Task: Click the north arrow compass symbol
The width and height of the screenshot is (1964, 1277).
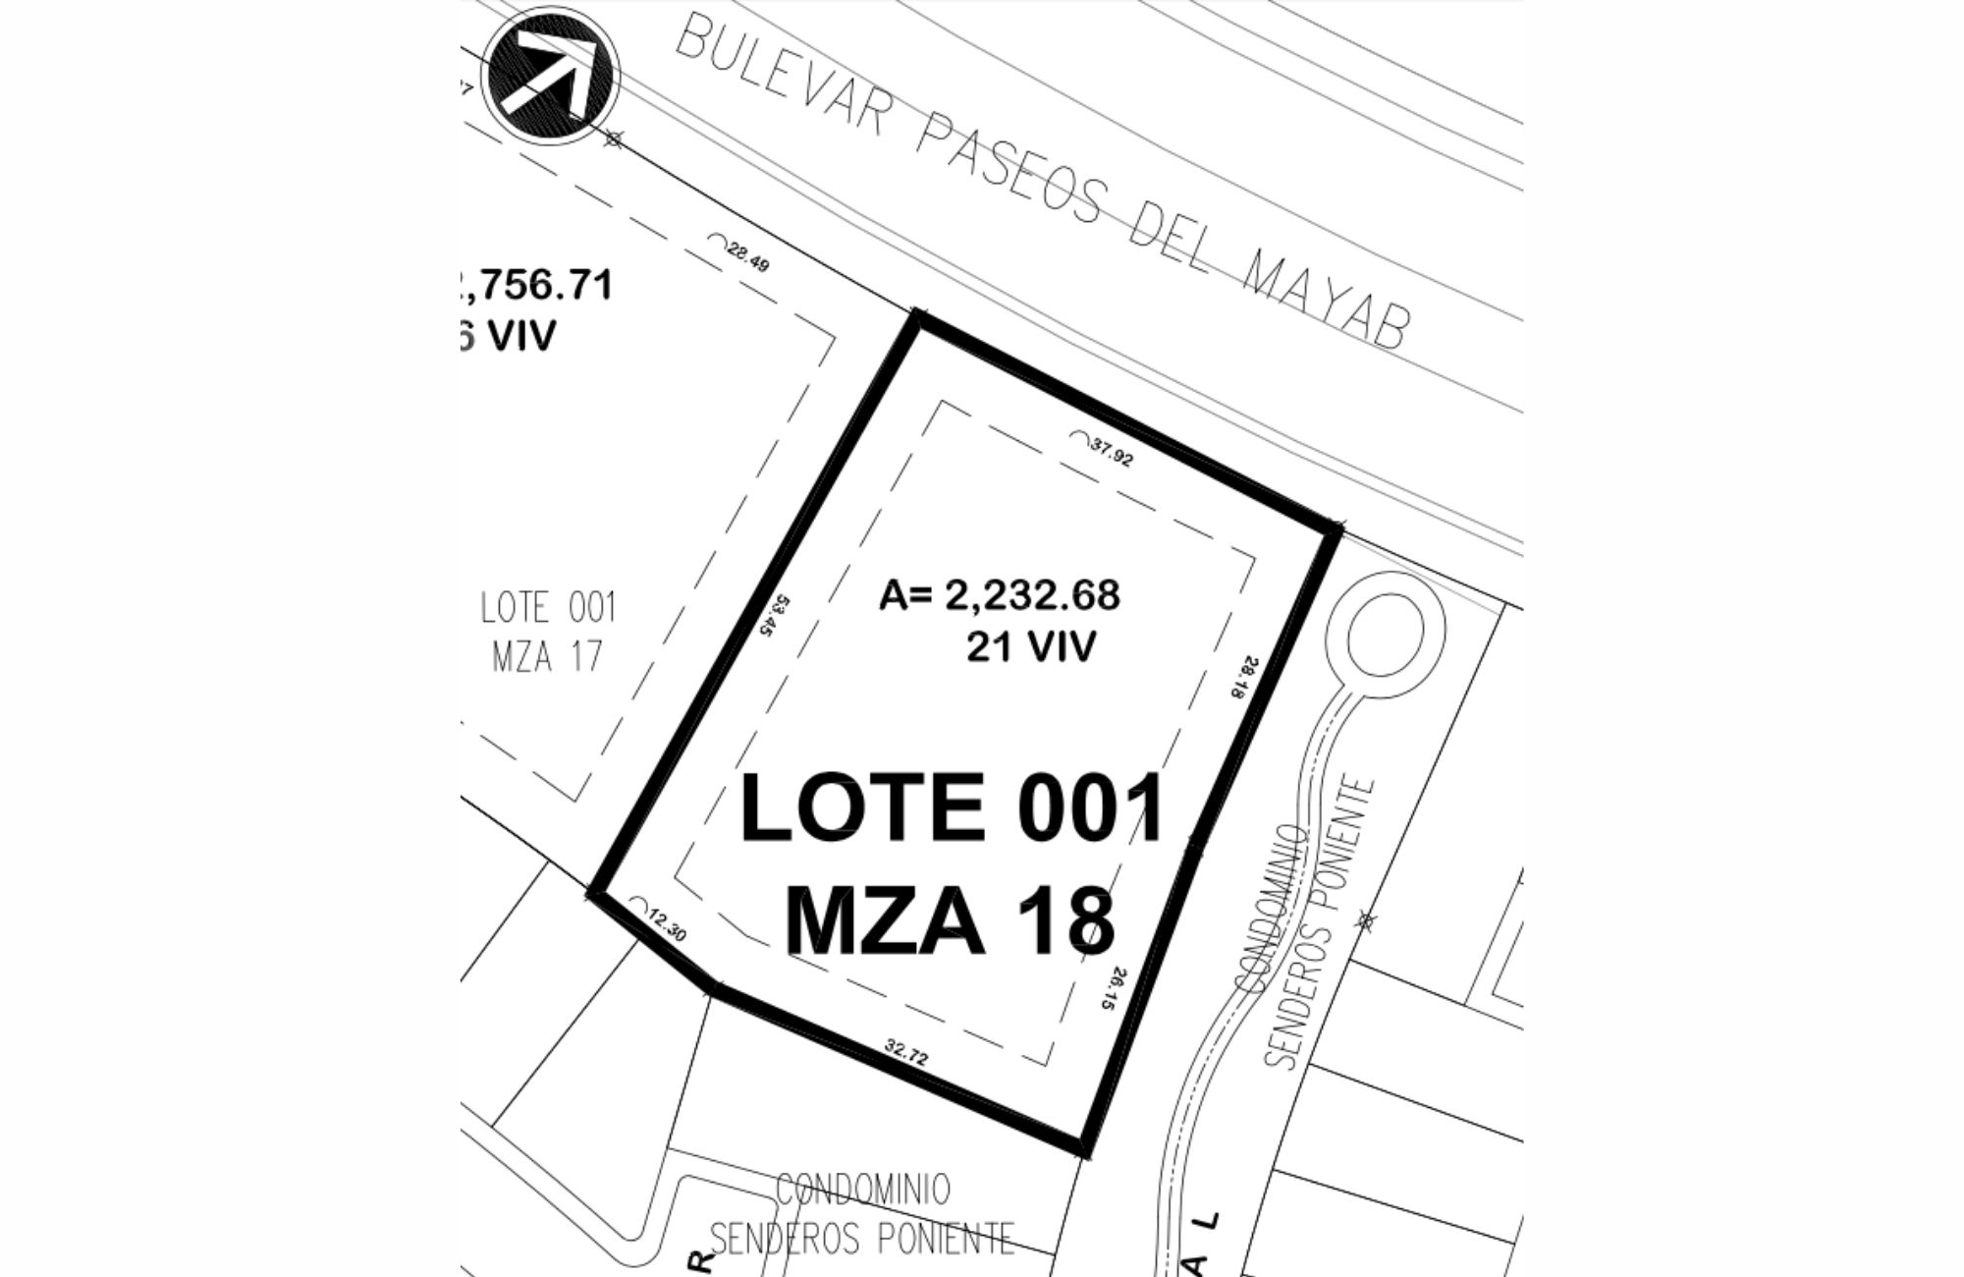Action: pos(553,75)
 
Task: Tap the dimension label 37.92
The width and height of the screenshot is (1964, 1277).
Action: pos(1111,452)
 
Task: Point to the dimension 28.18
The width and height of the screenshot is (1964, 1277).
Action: pos(1242,678)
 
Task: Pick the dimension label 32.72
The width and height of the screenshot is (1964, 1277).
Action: pos(905,1052)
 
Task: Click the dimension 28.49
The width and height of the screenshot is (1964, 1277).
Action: pos(746,257)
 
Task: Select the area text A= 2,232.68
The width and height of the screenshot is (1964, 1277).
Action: pos(999,595)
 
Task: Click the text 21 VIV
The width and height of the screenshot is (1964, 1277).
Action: pos(1030,647)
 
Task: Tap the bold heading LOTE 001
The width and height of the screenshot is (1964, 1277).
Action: pos(951,808)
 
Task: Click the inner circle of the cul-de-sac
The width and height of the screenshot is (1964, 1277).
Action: pos(1386,636)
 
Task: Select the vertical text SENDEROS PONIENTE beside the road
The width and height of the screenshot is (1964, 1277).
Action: pos(1317,923)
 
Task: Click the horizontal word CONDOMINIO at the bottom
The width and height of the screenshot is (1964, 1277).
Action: pos(863,1190)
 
